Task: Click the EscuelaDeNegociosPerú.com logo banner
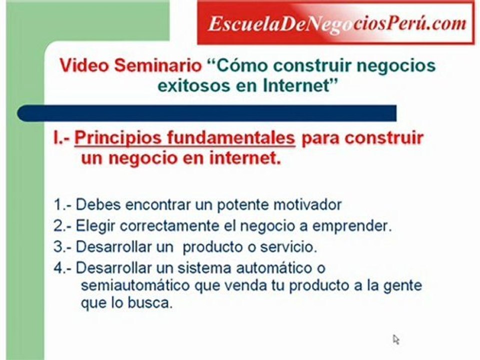click(335, 23)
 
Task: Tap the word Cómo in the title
click(240, 65)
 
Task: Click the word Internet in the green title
click(295, 85)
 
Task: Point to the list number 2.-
click(63, 226)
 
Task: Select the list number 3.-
click(63, 247)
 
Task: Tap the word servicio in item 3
click(292, 247)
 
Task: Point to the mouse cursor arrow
click(396, 339)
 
